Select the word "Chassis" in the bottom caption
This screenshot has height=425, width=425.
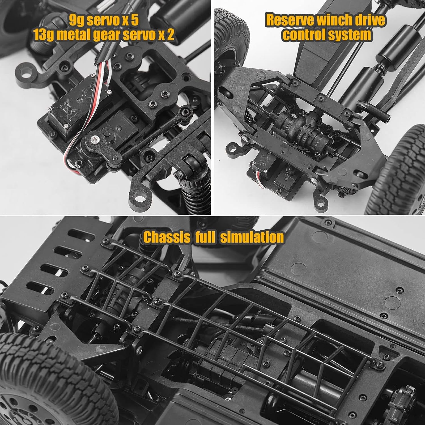167,237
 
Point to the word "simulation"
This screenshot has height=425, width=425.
252,237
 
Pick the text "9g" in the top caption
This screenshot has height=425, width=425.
76,21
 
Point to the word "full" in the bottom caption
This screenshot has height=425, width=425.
205,237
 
